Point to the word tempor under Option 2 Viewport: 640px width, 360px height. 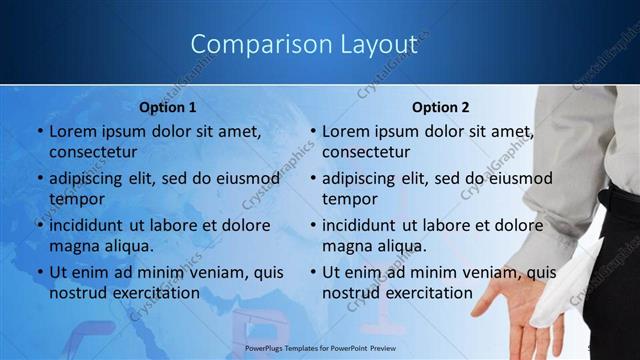click(x=349, y=198)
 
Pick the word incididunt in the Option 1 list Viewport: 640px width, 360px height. click(x=92, y=225)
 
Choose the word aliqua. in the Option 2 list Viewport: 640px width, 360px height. click(x=402, y=245)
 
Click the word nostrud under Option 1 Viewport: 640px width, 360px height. click(x=76, y=292)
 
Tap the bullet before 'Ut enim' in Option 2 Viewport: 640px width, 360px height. click(x=313, y=272)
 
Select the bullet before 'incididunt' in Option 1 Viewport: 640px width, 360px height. click(x=40, y=225)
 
